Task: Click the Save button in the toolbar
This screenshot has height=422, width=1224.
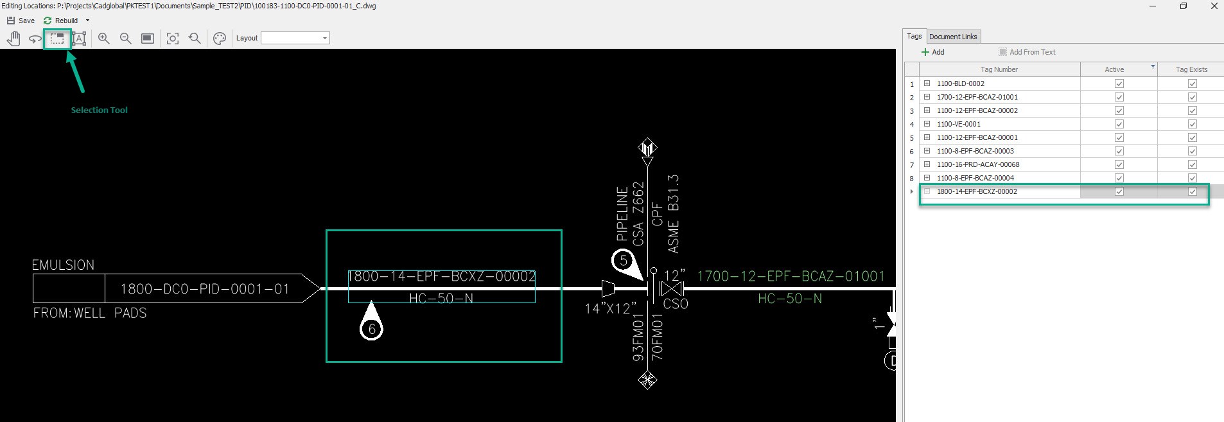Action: tap(21, 21)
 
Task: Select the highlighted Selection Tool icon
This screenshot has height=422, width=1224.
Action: tap(57, 39)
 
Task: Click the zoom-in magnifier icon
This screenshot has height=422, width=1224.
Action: tap(103, 39)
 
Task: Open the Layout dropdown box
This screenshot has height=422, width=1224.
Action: tap(295, 38)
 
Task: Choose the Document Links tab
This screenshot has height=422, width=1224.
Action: tap(953, 37)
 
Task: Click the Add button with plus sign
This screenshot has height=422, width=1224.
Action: tap(933, 52)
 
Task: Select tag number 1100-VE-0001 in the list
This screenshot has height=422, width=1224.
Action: tap(959, 124)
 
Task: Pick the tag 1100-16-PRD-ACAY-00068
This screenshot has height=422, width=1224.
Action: tap(978, 164)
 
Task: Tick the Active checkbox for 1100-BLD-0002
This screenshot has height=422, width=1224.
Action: tap(1119, 84)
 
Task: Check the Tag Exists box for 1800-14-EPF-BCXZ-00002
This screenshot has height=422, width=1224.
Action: tap(1193, 191)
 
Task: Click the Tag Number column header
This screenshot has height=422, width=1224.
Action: tap(999, 69)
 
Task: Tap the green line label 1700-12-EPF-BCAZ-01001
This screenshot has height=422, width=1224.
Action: tap(791, 276)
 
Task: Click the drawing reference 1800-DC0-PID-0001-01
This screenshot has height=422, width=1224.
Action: tap(205, 289)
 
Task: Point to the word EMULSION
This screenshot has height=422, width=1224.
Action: tap(63, 265)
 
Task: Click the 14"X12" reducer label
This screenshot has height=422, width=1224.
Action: tap(610, 309)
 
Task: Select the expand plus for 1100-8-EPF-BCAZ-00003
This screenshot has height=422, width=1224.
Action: tap(927, 151)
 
